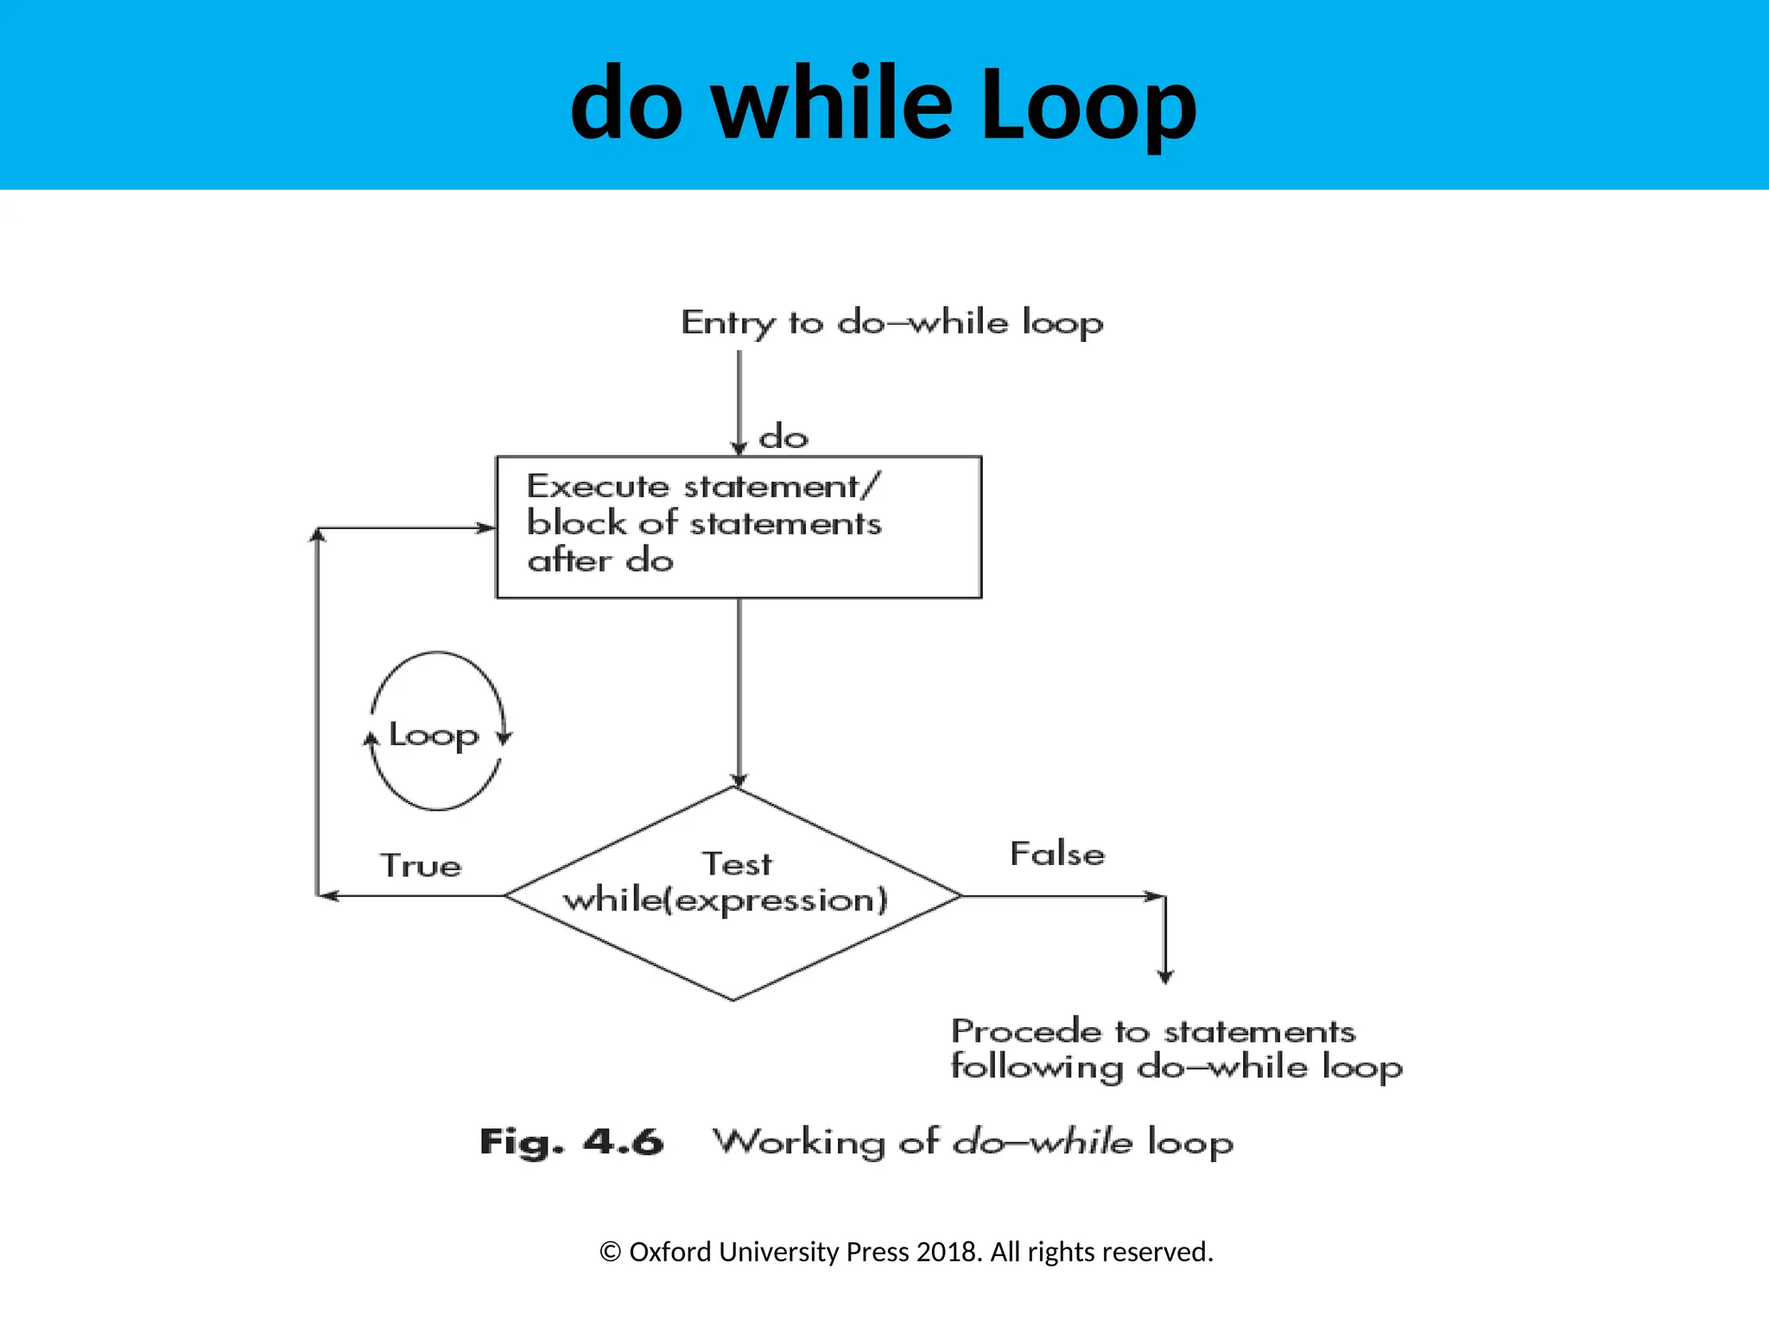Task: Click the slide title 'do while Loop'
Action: click(x=884, y=104)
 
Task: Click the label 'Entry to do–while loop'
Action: click(x=891, y=323)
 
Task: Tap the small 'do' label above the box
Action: click(x=783, y=437)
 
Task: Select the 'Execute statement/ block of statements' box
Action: click(x=739, y=527)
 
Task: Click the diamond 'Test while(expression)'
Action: click(x=732, y=894)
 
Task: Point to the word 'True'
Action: click(x=422, y=865)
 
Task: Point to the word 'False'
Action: click(x=1057, y=854)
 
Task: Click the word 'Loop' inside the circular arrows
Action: click(x=434, y=735)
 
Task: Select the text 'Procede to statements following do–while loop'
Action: click(x=1176, y=1049)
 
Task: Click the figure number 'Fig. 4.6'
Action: click(x=572, y=1141)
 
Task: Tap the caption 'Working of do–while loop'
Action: click(x=973, y=1141)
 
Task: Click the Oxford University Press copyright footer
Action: click(x=906, y=1252)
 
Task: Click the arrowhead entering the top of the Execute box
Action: click(x=739, y=447)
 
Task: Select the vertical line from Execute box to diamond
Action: click(x=739, y=691)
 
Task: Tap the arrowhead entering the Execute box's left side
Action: click(x=486, y=527)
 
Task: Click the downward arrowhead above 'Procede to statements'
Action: click(x=1165, y=976)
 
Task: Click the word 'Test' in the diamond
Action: click(x=737, y=863)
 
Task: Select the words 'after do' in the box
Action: click(x=600, y=561)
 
